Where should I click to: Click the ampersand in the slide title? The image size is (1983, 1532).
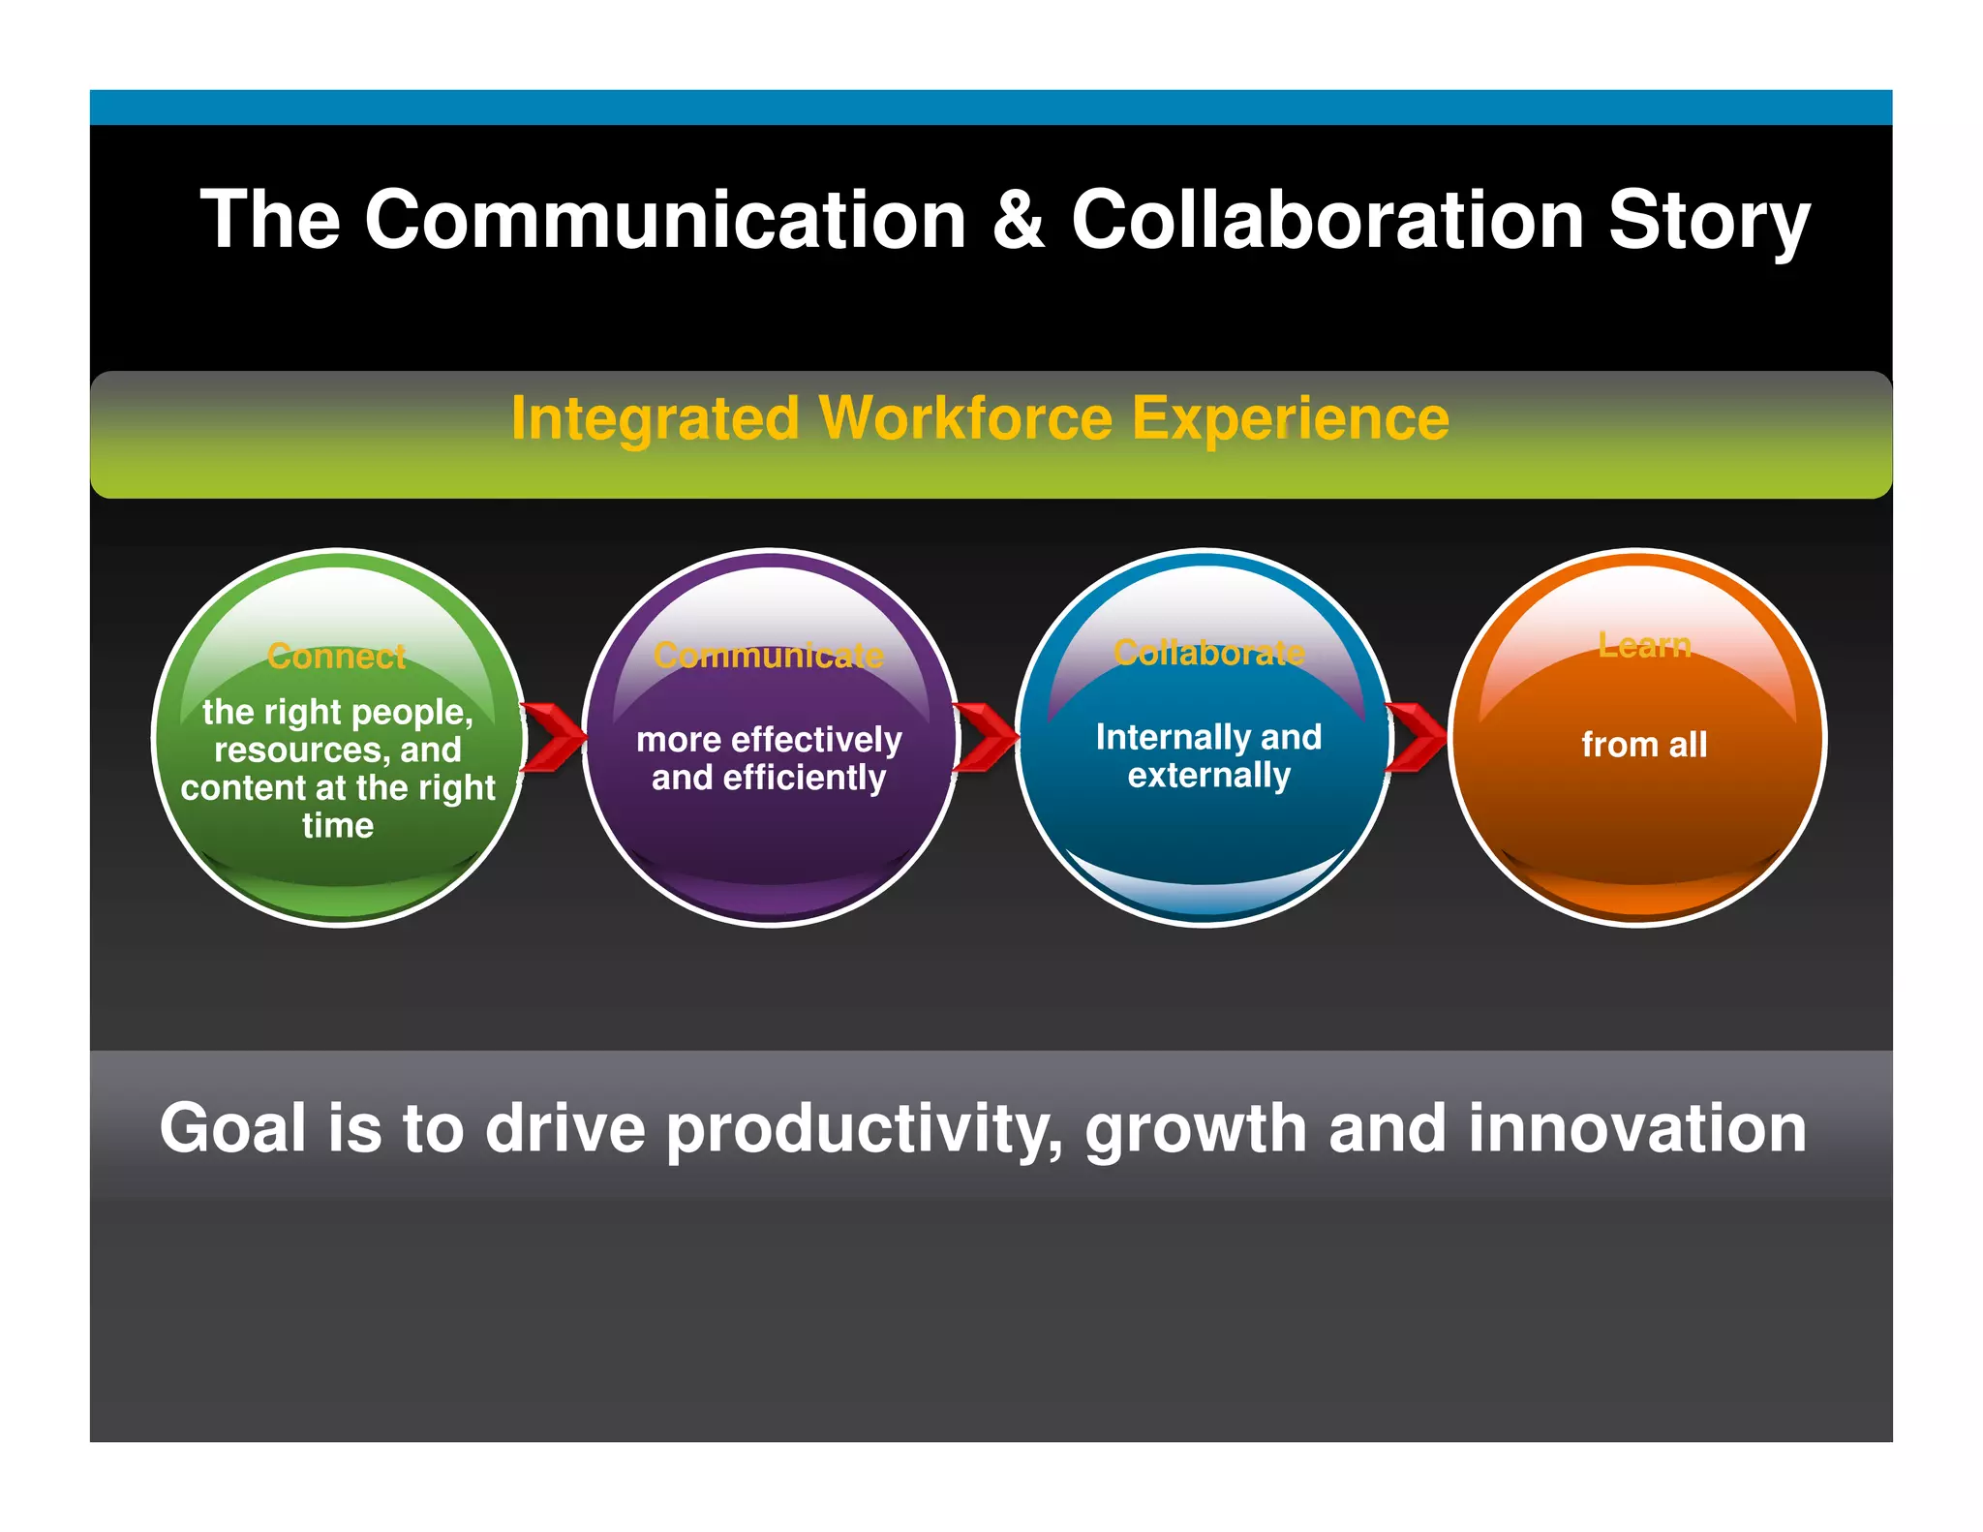tap(1018, 221)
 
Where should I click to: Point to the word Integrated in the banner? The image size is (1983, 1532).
tap(655, 418)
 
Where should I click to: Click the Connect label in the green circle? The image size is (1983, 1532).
tap(336, 657)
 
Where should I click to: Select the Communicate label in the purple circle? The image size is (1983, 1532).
tap(769, 656)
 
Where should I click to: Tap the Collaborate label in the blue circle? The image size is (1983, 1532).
tap(1208, 653)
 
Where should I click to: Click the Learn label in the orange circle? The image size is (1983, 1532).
tap(1644, 645)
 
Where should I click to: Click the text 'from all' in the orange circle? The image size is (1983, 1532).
tap(1644, 745)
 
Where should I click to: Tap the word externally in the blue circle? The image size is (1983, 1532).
tap(1208, 776)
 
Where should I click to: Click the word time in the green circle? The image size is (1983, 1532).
tap(337, 826)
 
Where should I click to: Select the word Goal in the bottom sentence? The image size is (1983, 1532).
tap(232, 1128)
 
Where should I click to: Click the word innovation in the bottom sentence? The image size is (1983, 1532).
tap(1636, 1128)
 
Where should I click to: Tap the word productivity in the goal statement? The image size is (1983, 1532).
tap(864, 1130)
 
